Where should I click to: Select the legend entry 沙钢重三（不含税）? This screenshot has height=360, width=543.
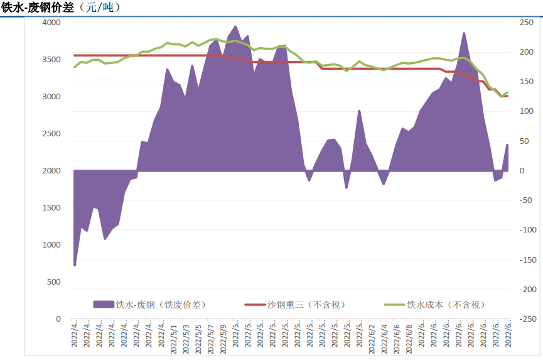(x=306, y=304)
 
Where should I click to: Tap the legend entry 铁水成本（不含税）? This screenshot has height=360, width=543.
(x=446, y=304)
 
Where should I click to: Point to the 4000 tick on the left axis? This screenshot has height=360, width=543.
(x=52, y=23)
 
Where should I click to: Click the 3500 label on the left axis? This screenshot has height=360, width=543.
(x=52, y=60)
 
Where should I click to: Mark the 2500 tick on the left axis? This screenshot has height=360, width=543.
(x=52, y=134)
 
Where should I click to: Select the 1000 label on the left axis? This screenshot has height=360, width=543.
(x=52, y=245)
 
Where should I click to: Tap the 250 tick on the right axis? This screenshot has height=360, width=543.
(x=525, y=23)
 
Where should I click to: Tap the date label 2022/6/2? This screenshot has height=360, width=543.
(x=372, y=337)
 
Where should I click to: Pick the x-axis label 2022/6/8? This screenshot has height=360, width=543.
(x=409, y=337)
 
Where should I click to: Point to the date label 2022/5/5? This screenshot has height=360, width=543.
(x=198, y=337)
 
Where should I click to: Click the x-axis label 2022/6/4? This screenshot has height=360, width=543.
(x=385, y=337)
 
